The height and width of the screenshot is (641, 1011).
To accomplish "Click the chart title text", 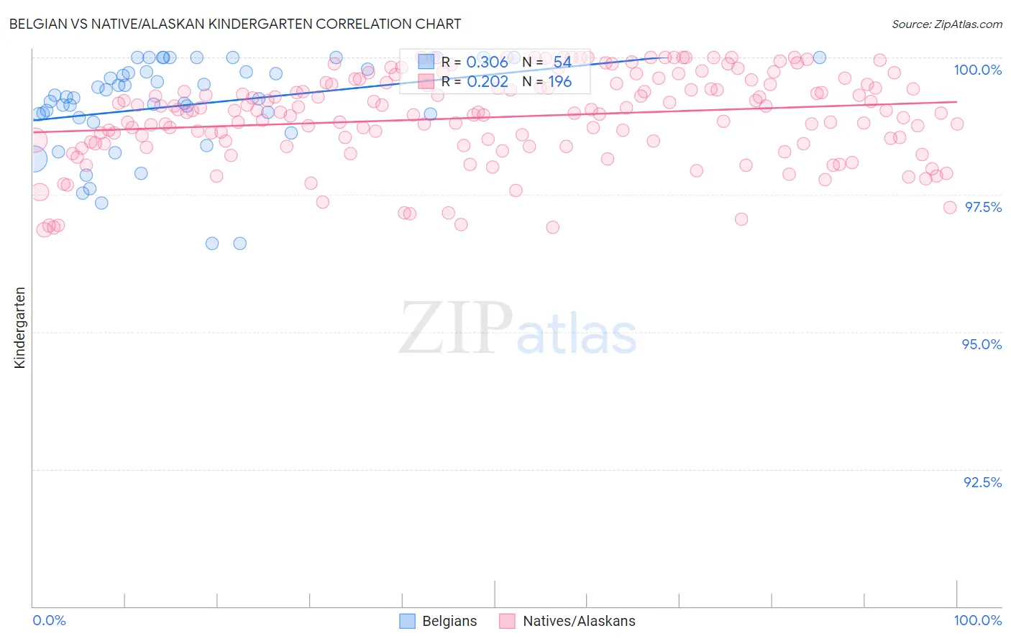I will [234, 24].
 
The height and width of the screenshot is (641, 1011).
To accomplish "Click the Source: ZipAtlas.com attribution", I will [946, 24].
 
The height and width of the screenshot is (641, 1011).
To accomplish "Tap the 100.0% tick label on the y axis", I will [977, 70].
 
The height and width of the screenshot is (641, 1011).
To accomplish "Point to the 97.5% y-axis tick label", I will [982, 207].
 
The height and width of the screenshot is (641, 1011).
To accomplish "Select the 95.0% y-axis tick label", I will [982, 344].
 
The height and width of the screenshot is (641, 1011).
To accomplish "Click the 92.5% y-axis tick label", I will [982, 482].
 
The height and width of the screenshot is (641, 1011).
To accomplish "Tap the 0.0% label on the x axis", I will [49, 620].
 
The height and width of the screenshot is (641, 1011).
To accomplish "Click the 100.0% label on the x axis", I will [977, 620].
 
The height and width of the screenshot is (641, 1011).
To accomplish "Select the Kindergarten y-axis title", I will [20, 328].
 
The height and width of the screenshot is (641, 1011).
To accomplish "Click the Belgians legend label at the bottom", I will [449, 621].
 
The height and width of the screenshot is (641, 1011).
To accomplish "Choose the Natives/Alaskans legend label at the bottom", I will [579, 621].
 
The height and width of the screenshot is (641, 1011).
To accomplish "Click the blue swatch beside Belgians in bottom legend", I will [408, 621].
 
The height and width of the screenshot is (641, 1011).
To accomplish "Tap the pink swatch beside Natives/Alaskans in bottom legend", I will [508, 621].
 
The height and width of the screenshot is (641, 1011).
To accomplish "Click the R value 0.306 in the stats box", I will [487, 63].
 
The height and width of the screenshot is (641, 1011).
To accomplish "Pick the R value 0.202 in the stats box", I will [487, 82].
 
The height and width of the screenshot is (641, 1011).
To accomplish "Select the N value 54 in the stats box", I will [562, 63].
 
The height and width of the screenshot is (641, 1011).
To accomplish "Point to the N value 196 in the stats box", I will [560, 82].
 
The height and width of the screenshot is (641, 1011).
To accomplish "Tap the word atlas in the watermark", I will [577, 334].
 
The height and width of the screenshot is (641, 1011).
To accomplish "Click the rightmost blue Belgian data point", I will [819, 57].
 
